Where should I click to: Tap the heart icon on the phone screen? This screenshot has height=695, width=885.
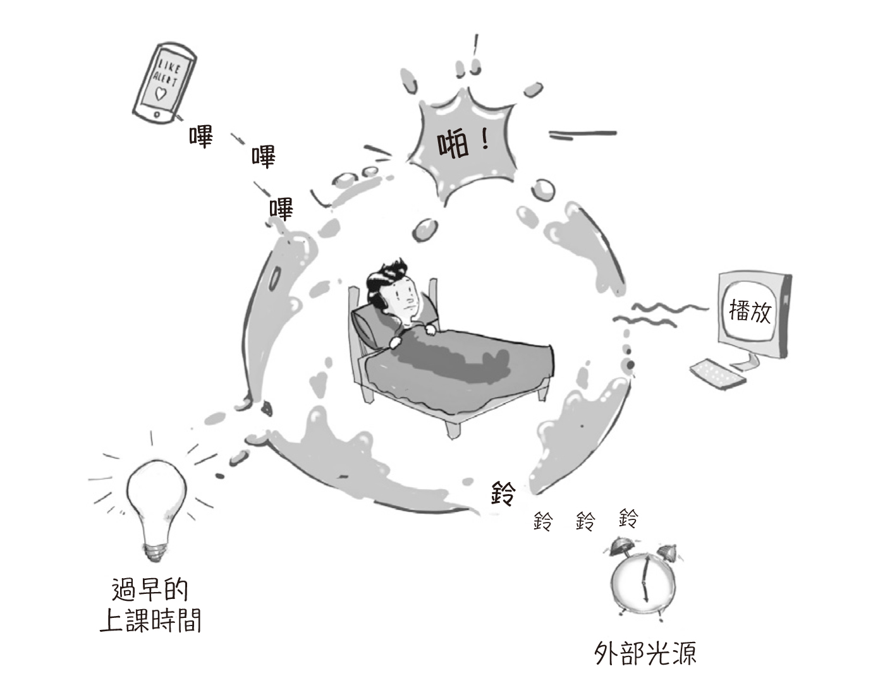161,95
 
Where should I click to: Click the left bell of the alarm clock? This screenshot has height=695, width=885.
619,545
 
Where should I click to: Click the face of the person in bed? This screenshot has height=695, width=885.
405,298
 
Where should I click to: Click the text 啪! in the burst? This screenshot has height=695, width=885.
464,145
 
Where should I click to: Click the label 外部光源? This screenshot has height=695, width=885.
645,654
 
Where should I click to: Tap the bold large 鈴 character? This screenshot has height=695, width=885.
504,493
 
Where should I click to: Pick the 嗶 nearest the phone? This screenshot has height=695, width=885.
200,136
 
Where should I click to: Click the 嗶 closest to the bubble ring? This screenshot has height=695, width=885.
281,208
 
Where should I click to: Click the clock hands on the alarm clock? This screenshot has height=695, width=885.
645,578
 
